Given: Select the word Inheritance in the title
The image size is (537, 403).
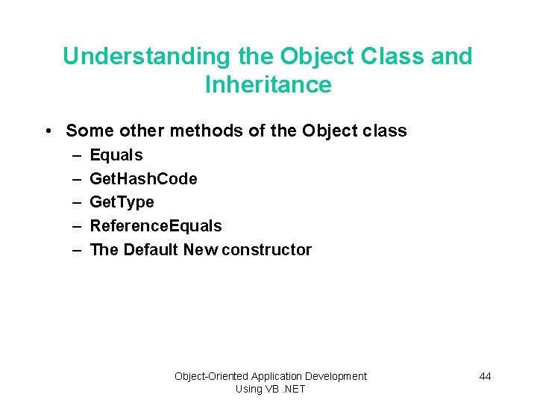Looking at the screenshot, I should point(268,84).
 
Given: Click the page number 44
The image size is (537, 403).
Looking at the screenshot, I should point(485,376).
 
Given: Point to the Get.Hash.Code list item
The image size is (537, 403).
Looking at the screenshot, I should point(143,179).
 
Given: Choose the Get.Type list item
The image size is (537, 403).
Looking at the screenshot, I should point(122,202).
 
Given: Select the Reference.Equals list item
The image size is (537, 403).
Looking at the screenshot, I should point(155,226).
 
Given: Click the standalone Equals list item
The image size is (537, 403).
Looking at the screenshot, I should point(116,155).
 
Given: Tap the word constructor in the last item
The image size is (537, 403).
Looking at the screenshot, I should point(266,250).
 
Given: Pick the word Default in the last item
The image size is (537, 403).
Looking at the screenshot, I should point(151,250).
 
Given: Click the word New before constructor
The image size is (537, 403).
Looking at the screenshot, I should point(200,250).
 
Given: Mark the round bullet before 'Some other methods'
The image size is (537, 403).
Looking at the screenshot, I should point(48,131).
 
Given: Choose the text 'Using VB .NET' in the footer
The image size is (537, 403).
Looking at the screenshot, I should point(270,389).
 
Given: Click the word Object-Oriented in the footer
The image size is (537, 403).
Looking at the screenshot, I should point(211,376).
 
